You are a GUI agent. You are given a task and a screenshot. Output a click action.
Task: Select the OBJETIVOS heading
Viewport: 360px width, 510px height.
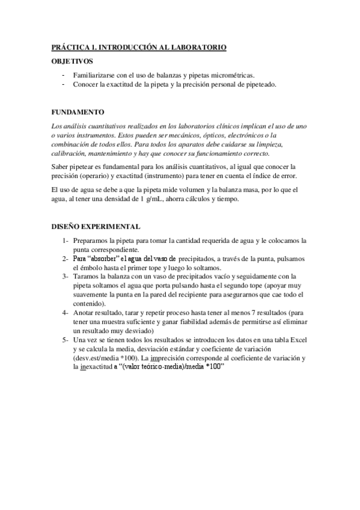(73, 61)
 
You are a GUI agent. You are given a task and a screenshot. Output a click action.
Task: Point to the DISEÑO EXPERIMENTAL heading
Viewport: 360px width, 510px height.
(96, 227)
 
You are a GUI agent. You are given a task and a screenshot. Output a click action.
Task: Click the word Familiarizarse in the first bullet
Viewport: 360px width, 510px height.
(93, 75)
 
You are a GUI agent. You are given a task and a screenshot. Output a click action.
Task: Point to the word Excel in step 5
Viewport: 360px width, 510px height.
(298, 340)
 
